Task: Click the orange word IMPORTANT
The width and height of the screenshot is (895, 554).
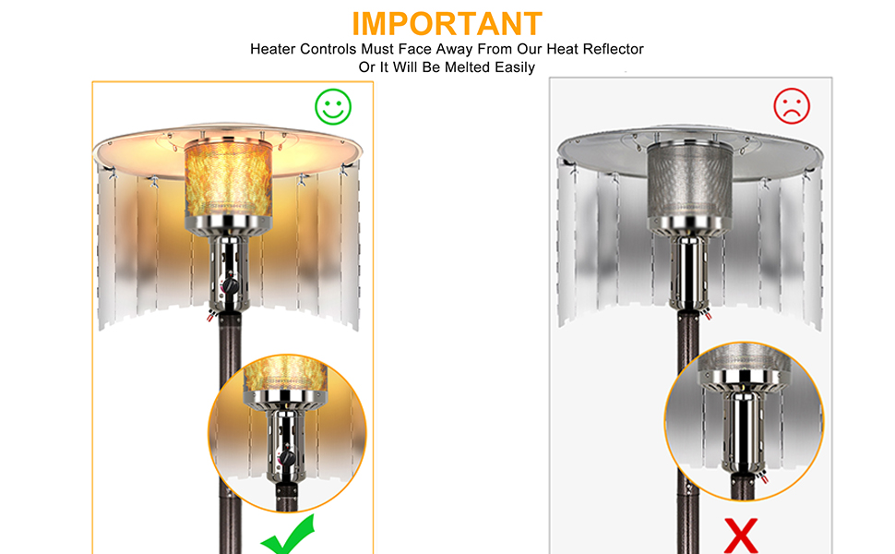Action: [x=447, y=23]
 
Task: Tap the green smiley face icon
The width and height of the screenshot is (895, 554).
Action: [x=332, y=107]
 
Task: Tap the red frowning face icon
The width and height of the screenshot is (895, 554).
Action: [x=791, y=107]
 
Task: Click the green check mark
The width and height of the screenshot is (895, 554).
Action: [x=286, y=536]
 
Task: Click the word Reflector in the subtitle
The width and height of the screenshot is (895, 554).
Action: [x=611, y=49]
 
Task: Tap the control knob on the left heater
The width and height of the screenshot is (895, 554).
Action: [x=232, y=286]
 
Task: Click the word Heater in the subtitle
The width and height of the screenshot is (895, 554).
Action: [x=274, y=49]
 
